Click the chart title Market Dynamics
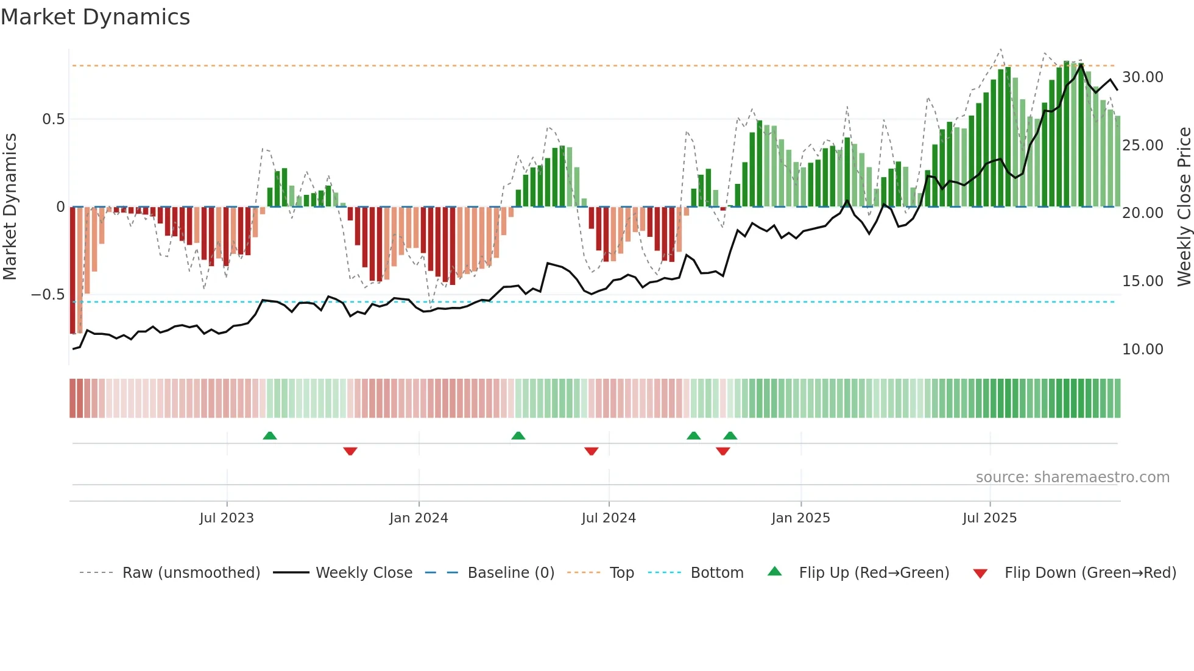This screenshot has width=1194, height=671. tap(95, 17)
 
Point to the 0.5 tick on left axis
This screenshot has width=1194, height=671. tap(53, 119)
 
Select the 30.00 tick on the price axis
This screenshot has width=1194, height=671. tap(1142, 77)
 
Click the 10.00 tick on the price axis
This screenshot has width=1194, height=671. tap(1142, 350)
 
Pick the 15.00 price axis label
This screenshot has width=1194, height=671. tap(1142, 281)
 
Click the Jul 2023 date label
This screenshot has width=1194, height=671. tap(227, 518)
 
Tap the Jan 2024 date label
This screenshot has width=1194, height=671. tap(419, 518)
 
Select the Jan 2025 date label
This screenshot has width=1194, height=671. tap(800, 518)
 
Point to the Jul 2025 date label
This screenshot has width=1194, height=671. tap(989, 518)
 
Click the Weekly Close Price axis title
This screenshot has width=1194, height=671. tap(1184, 207)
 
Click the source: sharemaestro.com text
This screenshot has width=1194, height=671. tap(1072, 477)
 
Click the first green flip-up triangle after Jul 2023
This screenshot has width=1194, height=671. tap(270, 435)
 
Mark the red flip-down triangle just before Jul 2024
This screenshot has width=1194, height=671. tap(591, 451)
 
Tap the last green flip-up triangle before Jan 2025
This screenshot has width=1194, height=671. tap(730, 435)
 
